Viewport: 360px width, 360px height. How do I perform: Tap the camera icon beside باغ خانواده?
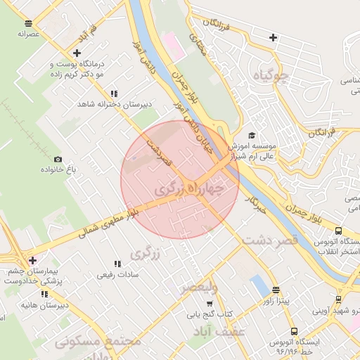(x=58, y=160)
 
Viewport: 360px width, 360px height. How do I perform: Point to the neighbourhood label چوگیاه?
(x=294, y=75)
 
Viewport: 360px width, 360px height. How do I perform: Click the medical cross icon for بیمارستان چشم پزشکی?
(x=32, y=260)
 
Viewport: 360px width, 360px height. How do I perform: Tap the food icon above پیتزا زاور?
(x=276, y=290)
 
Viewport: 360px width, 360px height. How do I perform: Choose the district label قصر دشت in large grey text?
(x=270, y=240)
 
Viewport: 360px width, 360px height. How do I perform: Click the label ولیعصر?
(x=199, y=288)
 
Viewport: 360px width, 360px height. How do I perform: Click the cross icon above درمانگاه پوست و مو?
(x=77, y=52)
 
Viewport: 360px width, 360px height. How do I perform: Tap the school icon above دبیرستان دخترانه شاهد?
(x=114, y=94)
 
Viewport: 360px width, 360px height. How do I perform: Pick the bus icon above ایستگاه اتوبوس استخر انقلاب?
(x=338, y=230)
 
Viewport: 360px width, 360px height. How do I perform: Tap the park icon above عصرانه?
(x=28, y=21)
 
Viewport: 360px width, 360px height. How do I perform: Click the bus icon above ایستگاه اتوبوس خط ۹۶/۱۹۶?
(x=293, y=331)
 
